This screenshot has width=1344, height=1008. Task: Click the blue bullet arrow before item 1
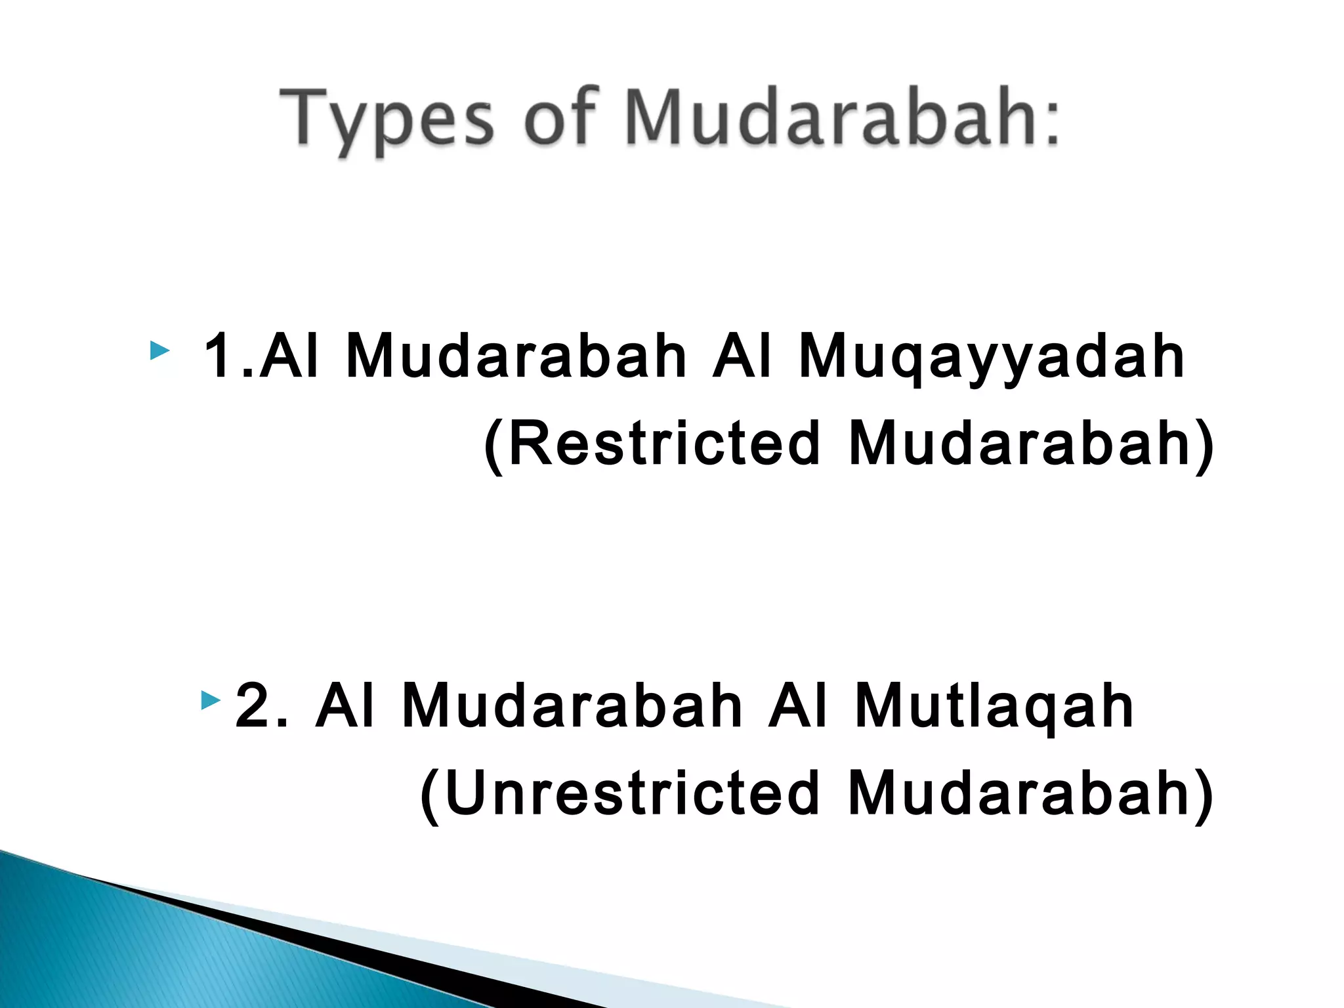coord(159,350)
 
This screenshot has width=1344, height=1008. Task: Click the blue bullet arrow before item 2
coord(211,701)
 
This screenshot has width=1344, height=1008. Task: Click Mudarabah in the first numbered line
coord(516,356)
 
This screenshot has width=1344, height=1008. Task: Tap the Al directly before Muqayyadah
coord(742,356)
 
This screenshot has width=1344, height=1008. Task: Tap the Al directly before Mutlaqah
coord(797,705)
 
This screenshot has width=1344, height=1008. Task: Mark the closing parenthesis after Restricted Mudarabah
coord(1204,447)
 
